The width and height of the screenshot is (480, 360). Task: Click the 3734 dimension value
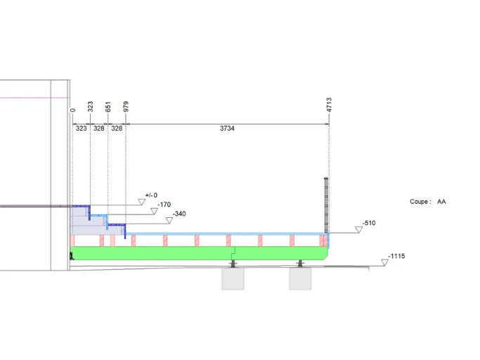tap(227, 129)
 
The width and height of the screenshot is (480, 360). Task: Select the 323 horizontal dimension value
tap(81, 129)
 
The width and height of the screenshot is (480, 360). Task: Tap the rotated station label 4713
tap(329, 105)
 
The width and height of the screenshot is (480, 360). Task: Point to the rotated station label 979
tap(126, 107)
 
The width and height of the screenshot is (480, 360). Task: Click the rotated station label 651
tap(108, 107)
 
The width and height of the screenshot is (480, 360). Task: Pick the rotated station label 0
tap(72, 110)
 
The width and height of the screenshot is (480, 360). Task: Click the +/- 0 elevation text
tap(151, 195)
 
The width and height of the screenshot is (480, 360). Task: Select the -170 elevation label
tap(164, 205)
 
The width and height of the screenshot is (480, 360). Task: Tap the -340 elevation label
tap(179, 214)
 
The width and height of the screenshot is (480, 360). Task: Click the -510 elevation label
tap(369, 223)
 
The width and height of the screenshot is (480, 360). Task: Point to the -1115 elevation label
tap(396, 256)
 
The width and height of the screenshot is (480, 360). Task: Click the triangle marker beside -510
tap(359, 229)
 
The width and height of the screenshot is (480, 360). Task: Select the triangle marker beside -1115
tap(385, 262)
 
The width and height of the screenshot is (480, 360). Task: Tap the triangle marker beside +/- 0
tap(141, 202)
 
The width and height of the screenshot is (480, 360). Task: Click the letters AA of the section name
tap(441, 202)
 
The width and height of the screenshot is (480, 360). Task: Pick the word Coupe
tap(419, 202)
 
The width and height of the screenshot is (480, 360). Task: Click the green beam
tap(200, 253)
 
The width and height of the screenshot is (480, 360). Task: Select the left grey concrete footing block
tap(233, 278)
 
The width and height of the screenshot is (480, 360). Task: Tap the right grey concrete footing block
tap(300, 278)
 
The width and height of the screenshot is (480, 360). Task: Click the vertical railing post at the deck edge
tap(326, 205)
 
